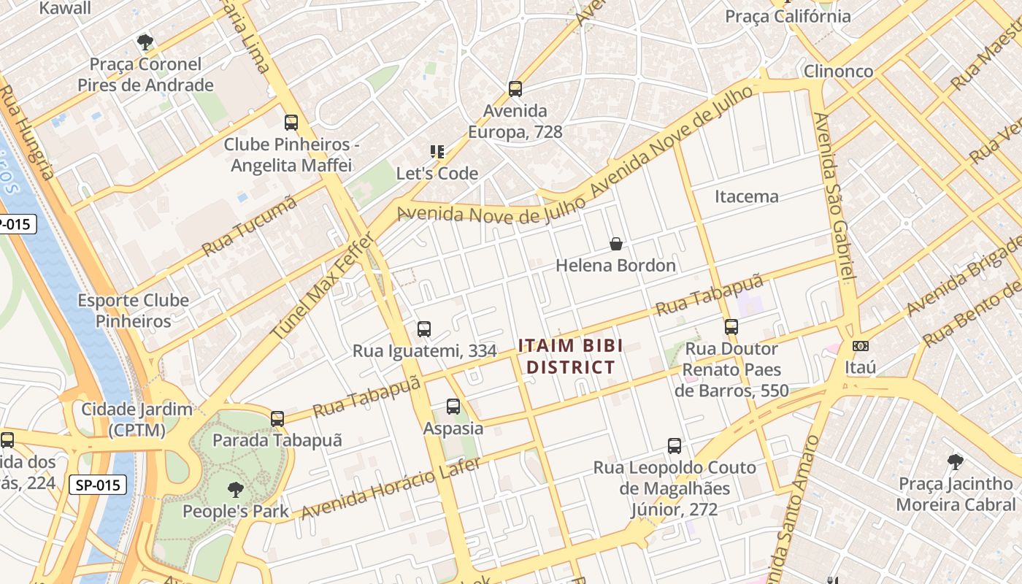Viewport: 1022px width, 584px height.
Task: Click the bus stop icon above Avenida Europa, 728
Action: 515,89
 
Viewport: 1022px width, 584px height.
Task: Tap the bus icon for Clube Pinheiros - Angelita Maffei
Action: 291,123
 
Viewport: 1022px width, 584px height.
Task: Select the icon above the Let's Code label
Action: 437,152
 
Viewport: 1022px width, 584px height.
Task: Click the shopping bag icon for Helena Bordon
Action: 616,244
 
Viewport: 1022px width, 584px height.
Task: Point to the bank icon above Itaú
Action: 861,346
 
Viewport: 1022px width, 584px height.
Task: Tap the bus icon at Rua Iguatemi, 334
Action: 424,329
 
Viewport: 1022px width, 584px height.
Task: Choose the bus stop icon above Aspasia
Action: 453,407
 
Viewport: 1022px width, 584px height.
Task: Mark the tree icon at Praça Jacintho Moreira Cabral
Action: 955,462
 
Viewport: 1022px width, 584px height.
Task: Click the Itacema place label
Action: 746,196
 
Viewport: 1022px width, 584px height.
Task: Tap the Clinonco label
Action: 838,72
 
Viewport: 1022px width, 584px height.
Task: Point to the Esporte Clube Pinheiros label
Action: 134,310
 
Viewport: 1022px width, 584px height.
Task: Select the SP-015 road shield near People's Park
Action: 98,484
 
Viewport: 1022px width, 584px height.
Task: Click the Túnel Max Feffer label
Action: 323,285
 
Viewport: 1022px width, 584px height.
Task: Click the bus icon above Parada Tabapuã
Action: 277,419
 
